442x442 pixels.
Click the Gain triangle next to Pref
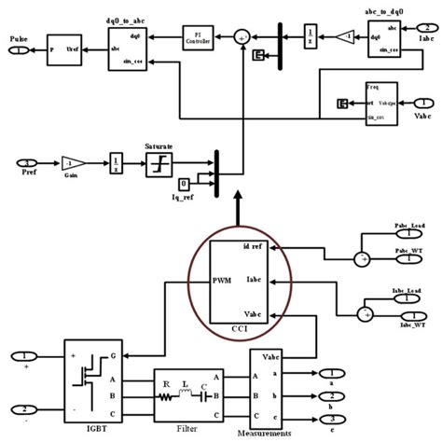[x=73, y=164]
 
